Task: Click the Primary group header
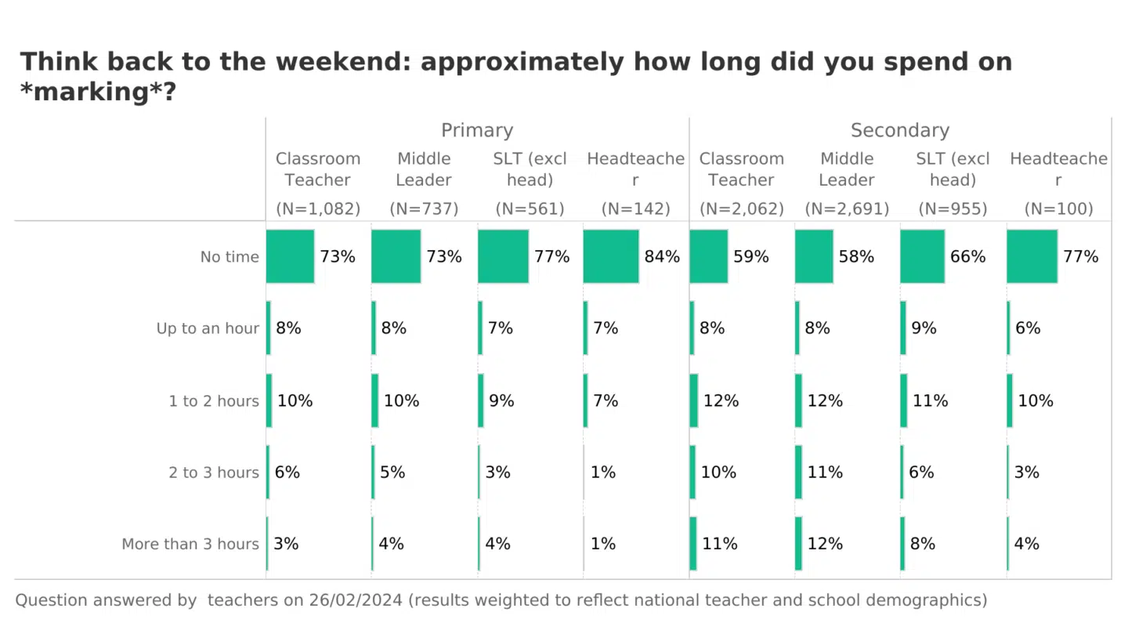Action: (x=476, y=130)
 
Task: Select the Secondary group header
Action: (x=899, y=130)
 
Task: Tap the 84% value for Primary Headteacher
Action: (x=662, y=256)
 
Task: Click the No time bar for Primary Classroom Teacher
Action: (x=290, y=256)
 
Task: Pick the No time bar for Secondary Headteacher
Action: (x=1032, y=256)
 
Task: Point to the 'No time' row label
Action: (x=230, y=257)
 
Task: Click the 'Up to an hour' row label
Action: (x=208, y=328)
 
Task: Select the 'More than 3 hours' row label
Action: (x=190, y=544)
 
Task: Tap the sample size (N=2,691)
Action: (x=847, y=209)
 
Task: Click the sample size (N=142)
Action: (x=635, y=209)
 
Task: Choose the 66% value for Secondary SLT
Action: (x=967, y=256)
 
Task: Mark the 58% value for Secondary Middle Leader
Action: (x=856, y=256)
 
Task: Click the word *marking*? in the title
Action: (x=98, y=92)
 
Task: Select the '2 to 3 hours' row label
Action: (x=214, y=473)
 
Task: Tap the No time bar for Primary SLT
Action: (x=503, y=256)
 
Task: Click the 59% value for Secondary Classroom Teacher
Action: (x=750, y=256)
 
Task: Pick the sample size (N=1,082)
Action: (x=318, y=209)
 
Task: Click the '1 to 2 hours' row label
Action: (x=214, y=401)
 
